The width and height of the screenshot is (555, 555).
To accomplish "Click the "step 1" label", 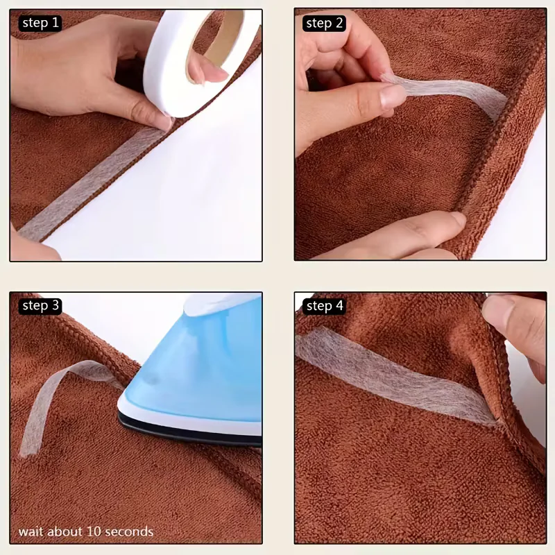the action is point(40,23).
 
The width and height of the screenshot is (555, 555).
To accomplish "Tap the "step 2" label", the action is point(324,24).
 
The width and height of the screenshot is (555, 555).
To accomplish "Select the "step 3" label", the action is point(40,305).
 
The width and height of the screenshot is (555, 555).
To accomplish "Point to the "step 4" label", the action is point(324,306).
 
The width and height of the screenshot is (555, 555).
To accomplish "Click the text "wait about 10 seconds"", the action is point(86,531).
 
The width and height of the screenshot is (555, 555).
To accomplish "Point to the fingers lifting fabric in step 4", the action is point(517,333).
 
